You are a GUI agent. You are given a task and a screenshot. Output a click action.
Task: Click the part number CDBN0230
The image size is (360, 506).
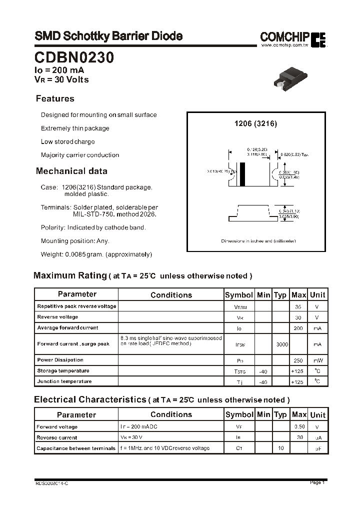click(x=74, y=58)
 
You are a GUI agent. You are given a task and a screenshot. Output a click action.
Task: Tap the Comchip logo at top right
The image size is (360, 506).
click(x=292, y=38)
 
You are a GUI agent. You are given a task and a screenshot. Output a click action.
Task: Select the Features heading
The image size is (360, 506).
click(x=55, y=98)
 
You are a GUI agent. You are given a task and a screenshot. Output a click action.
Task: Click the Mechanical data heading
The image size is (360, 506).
click(x=71, y=171)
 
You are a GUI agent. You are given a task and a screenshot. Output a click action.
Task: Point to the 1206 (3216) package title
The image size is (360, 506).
click(x=255, y=123)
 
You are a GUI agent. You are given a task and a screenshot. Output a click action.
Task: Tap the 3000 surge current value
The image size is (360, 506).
click(x=281, y=344)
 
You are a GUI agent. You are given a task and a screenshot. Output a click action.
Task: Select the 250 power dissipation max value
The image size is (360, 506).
click(x=298, y=360)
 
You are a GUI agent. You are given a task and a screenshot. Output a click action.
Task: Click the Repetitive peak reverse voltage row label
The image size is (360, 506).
click(x=76, y=306)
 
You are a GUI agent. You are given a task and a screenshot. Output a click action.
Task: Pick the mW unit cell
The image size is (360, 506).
click(x=317, y=360)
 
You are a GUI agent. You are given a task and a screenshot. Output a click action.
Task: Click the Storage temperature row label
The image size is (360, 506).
click(x=63, y=370)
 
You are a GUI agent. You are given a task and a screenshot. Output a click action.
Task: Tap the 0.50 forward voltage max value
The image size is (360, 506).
click(x=299, y=427)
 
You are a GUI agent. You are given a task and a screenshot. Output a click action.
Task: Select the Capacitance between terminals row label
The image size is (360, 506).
click(x=76, y=448)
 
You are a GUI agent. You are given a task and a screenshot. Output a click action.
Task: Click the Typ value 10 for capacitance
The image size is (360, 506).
click(x=281, y=448)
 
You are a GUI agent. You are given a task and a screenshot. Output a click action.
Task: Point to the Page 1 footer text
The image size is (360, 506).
click(x=317, y=482)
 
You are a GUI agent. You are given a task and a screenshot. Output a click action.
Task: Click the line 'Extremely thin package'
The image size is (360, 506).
click(x=75, y=128)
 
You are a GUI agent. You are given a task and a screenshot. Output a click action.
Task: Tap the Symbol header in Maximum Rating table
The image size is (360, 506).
click(x=239, y=294)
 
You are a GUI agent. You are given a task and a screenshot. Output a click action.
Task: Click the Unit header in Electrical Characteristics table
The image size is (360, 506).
click(x=317, y=414)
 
